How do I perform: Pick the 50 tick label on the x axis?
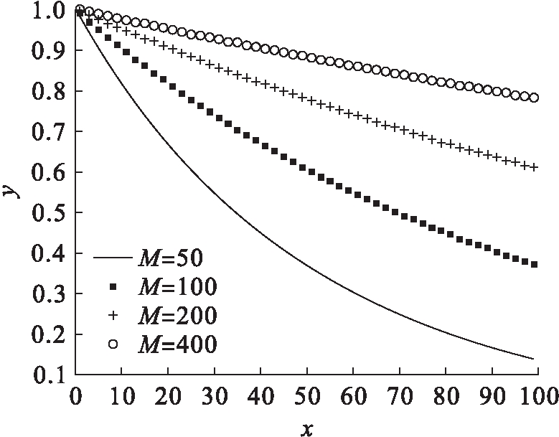pos(307,396)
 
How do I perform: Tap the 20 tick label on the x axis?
pos(168,396)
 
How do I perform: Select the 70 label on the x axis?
pos(400,396)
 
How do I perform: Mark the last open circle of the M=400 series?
pos(534,98)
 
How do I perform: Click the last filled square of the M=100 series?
pos(534,264)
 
